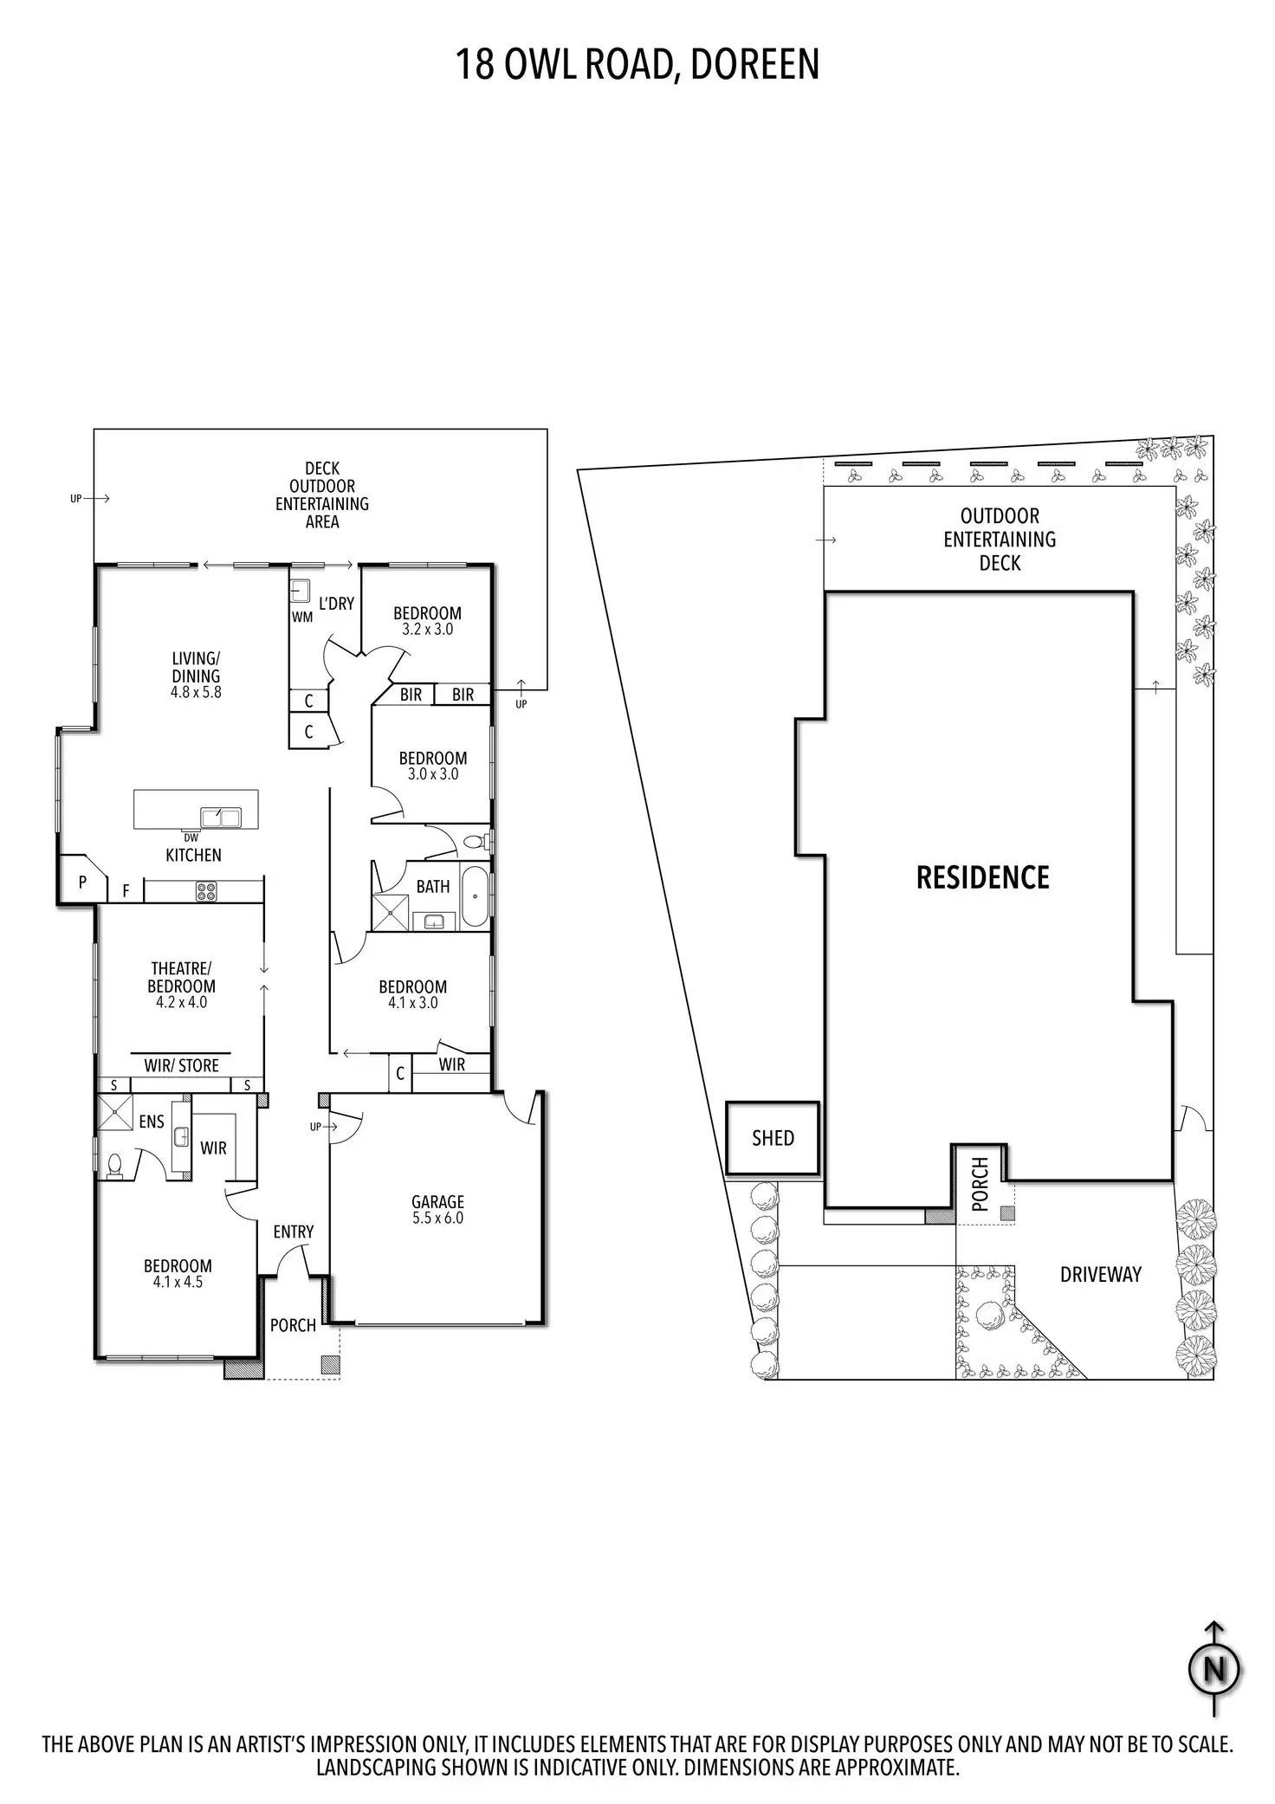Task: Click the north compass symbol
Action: point(1215,1669)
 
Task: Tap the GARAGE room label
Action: point(437,1201)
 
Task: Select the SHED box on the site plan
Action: point(773,1138)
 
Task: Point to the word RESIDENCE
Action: point(982,878)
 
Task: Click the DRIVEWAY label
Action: point(1100,1274)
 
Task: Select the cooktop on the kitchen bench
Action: point(206,889)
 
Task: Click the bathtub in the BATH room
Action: point(475,896)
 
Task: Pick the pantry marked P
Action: point(82,883)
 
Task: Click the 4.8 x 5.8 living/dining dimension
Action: point(196,692)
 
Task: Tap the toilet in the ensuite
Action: point(113,1167)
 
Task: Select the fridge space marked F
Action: point(126,890)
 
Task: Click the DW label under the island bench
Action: point(191,837)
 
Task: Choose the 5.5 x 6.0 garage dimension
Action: point(437,1218)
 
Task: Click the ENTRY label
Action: point(293,1232)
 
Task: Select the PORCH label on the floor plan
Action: point(293,1325)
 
